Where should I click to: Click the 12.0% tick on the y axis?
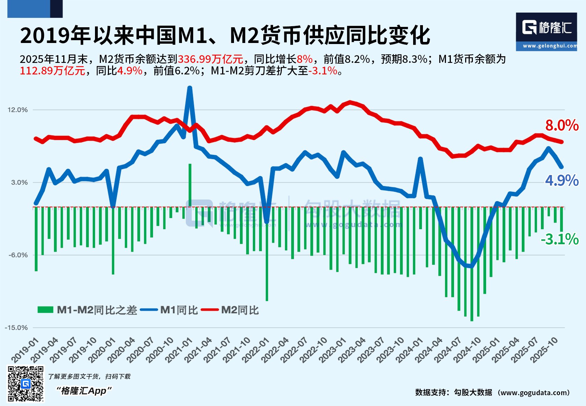click(17, 110)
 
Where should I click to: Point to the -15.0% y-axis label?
click(16, 327)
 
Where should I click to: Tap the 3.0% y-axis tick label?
click(19, 182)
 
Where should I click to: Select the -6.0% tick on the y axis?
click(18, 255)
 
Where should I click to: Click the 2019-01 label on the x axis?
click(25, 350)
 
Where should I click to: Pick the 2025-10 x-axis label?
click(544, 350)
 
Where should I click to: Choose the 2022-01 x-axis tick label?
click(256, 350)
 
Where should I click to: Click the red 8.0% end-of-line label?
click(562, 125)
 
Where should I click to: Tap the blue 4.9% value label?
click(562, 181)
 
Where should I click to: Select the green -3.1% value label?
click(559, 239)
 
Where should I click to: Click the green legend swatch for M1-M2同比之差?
click(45, 310)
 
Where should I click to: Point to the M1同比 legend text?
click(179, 310)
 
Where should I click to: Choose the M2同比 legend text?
click(240, 310)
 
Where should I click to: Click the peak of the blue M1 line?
click(190, 88)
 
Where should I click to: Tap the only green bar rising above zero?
click(190, 185)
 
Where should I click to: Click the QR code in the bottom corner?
click(26, 384)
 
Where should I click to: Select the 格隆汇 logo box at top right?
click(546, 31)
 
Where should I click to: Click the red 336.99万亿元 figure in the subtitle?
click(210, 59)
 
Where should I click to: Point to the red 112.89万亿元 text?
click(52, 71)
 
